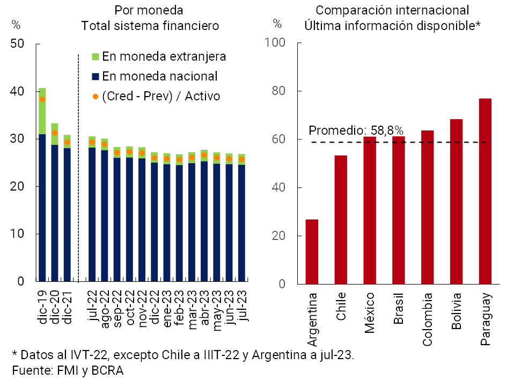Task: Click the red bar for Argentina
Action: tap(312, 251)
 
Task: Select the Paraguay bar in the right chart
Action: tap(485, 191)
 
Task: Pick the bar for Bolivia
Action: tap(456, 201)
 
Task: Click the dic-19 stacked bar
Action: tap(42, 185)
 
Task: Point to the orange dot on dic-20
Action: tap(55, 133)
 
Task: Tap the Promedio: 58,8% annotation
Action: tap(356, 130)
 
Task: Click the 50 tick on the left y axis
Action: tap(18, 44)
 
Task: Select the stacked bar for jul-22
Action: tap(92, 209)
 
